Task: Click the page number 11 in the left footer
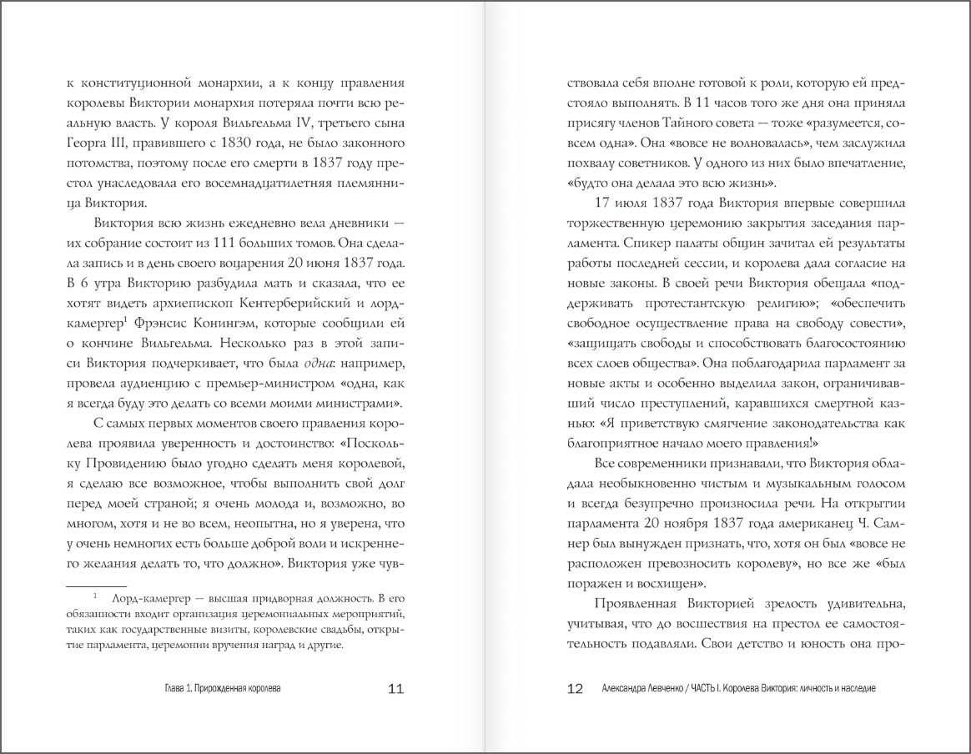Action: click(x=396, y=689)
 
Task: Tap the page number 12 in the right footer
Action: click(x=575, y=689)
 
